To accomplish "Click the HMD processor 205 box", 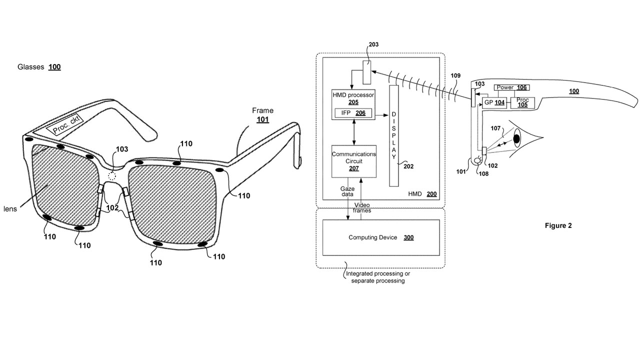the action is point(353,104).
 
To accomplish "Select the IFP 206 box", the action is point(353,113).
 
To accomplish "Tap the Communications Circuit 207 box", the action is point(353,161).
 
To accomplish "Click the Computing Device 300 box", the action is point(381,237).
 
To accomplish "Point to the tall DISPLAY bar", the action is point(394,135).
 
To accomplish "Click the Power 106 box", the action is point(511,87).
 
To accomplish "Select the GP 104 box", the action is point(494,102).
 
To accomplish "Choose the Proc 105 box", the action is point(522,102).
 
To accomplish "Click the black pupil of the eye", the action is point(516,139).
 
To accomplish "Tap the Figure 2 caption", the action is point(558,225).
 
